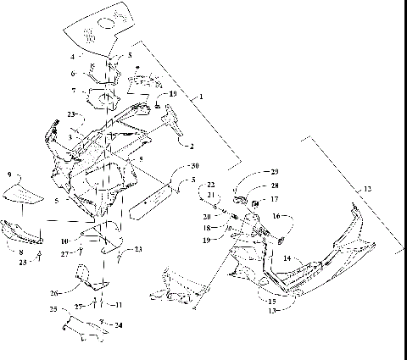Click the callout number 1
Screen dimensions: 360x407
(x=201, y=100)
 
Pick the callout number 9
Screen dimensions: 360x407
(x=10, y=174)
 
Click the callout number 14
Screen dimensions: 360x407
(x=287, y=258)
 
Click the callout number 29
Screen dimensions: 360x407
(x=274, y=172)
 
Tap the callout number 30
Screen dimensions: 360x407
(x=194, y=165)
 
